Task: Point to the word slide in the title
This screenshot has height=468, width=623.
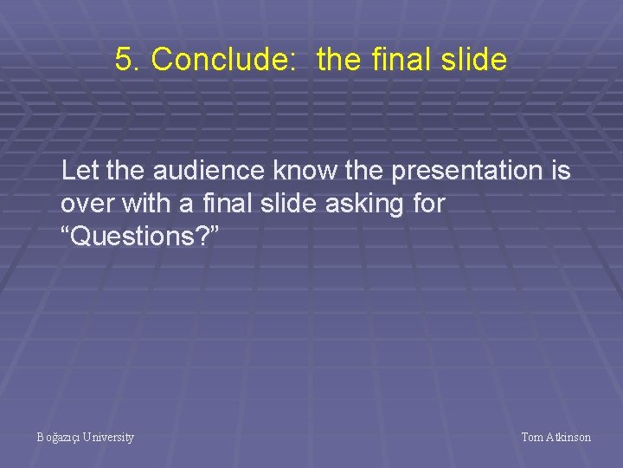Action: tap(472, 60)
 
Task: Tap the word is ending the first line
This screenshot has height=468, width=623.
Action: tap(560, 171)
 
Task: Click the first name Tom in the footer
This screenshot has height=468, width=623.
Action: tap(532, 438)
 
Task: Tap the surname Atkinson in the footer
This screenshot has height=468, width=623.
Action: tap(569, 438)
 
